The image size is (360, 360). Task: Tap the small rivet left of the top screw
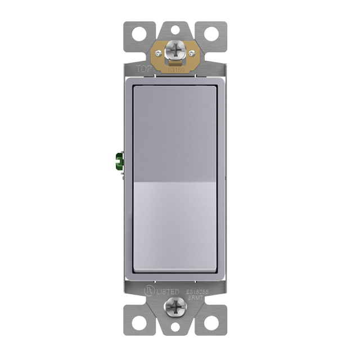point(160,53)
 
